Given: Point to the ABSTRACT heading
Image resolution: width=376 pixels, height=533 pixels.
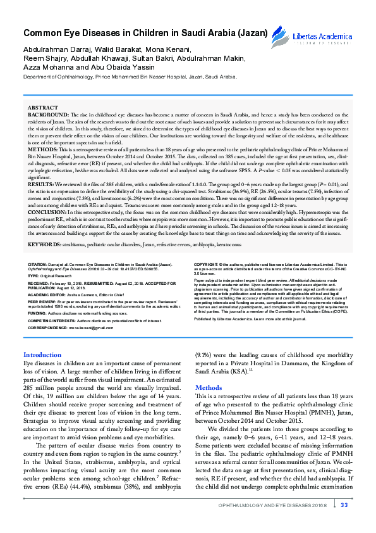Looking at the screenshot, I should pyautogui.click(x=43, y=109).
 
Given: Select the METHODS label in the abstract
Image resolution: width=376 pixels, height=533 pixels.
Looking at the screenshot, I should pyautogui.click(x=43, y=151).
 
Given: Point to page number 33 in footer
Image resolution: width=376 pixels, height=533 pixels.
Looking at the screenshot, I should pyautogui.click(x=344, y=505).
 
